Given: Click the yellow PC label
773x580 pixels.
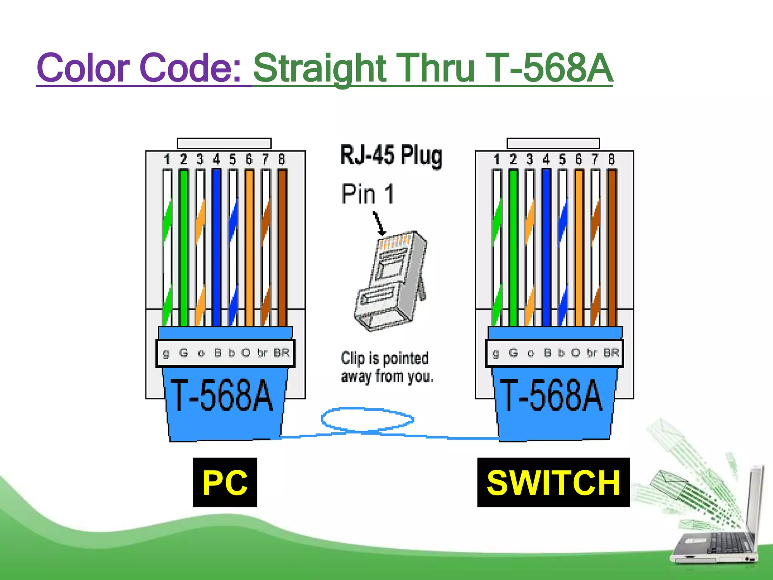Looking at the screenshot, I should [x=225, y=482].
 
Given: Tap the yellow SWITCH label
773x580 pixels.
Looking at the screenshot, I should [x=553, y=482].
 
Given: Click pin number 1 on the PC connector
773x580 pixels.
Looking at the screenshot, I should [x=167, y=160].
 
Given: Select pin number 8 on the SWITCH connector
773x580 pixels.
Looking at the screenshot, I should [x=611, y=160].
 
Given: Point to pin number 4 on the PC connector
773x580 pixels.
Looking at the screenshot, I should [x=216, y=160].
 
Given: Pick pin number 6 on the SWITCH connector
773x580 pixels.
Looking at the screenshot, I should [x=579, y=160].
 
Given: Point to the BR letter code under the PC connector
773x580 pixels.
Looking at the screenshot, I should [x=282, y=353].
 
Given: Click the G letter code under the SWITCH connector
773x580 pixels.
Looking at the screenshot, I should [x=513, y=353].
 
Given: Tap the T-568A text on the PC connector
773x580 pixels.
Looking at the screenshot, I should [x=222, y=395].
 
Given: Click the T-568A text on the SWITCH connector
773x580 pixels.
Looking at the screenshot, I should [x=551, y=395].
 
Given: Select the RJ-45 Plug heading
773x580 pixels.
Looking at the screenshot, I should [x=391, y=156].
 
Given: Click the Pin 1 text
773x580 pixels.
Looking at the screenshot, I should [x=368, y=194].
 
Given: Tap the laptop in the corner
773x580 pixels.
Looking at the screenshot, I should [x=717, y=529].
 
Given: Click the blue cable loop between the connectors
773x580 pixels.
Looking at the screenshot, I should [x=367, y=419].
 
